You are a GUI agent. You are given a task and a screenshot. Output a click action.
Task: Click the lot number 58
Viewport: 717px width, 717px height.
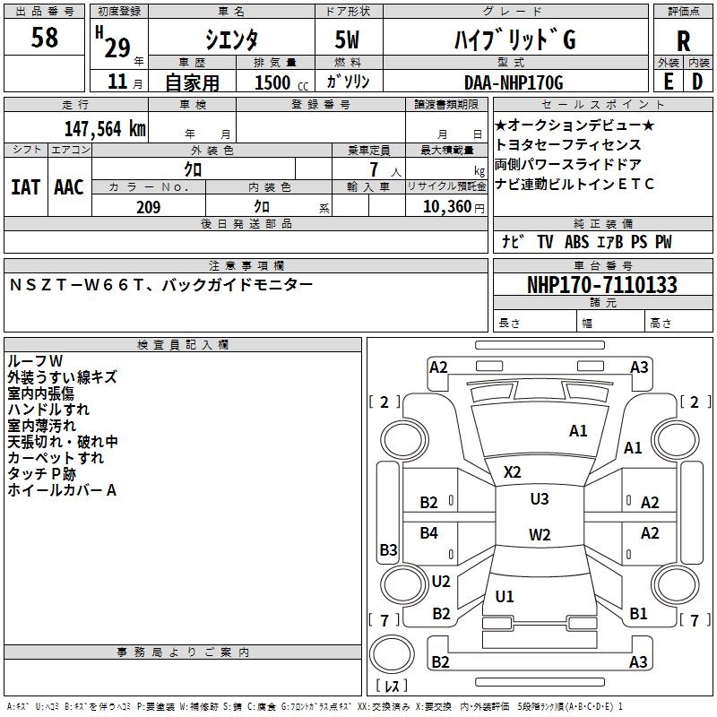click(45, 39)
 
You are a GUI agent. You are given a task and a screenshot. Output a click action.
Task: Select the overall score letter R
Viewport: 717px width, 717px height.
click(683, 41)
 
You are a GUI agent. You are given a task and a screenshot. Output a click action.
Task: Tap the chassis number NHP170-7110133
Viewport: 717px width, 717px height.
click(601, 285)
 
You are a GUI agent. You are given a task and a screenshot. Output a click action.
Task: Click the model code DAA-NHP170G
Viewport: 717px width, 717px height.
click(514, 82)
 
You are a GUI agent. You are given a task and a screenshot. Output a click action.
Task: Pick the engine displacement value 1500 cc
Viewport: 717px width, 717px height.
click(276, 82)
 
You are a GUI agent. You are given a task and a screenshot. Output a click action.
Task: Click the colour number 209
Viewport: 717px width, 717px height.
click(148, 207)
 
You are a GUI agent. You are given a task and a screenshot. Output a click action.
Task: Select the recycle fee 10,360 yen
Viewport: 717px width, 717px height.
click(445, 207)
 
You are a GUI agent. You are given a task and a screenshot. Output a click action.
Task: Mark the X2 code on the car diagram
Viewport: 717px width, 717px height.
click(513, 472)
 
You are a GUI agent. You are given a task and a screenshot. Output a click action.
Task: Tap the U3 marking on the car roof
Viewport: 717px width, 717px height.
click(539, 499)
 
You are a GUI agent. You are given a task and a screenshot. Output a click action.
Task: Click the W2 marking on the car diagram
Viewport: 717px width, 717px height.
click(540, 535)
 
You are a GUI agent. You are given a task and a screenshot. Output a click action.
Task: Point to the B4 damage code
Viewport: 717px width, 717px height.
click(429, 533)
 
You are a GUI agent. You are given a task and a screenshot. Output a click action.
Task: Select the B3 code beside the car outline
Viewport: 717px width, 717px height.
click(388, 549)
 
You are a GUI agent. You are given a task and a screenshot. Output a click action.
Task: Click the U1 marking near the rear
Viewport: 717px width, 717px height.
click(505, 596)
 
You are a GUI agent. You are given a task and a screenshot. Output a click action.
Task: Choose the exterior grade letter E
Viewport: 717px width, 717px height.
click(668, 82)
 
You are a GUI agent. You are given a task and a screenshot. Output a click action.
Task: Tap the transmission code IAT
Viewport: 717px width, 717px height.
click(25, 186)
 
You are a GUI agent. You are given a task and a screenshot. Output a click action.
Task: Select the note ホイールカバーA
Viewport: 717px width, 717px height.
click(62, 490)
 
